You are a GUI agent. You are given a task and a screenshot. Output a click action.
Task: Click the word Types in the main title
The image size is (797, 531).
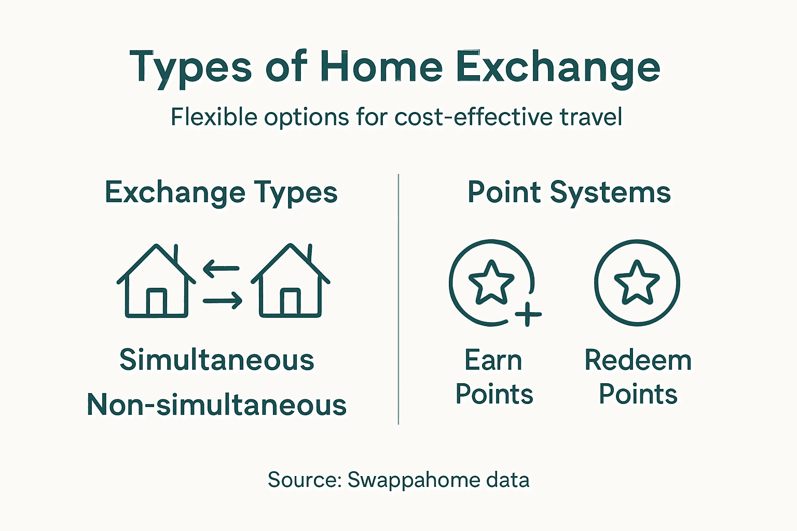pyautogui.click(x=190, y=67)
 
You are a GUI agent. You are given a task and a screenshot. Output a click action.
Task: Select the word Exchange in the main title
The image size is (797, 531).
pyautogui.click(x=558, y=67)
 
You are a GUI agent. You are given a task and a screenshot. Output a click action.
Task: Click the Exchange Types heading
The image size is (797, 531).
pyautogui.click(x=221, y=192)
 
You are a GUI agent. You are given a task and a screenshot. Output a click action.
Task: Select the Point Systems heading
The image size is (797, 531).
pyautogui.click(x=569, y=192)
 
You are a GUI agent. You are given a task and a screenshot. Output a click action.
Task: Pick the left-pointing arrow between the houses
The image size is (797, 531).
pyautogui.click(x=221, y=269)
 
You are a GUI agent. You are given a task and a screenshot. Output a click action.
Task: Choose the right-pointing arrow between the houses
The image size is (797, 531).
pyautogui.click(x=223, y=300)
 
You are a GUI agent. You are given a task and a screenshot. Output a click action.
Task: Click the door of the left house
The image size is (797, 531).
pyautogui.click(x=156, y=302)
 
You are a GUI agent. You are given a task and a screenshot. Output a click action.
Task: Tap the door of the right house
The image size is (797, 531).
pyautogui.click(x=290, y=302)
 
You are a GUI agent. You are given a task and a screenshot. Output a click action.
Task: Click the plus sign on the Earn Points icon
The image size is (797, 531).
pyautogui.click(x=528, y=314)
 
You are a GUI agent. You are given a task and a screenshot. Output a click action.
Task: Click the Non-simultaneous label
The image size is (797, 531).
pyautogui.click(x=216, y=404)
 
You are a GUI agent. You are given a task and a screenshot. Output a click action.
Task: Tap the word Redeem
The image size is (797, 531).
pyautogui.click(x=638, y=360)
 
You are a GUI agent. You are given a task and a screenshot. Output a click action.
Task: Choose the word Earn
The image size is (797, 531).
pyautogui.click(x=493, y=360)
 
